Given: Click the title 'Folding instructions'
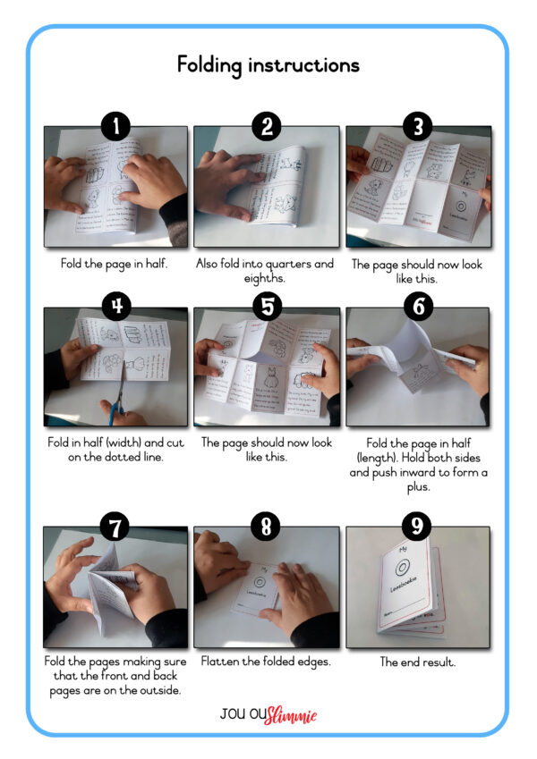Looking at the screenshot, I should (268, 65).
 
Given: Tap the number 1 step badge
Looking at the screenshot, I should (115, 126).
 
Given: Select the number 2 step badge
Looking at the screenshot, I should (266, 126).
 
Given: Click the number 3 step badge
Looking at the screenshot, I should (417, 126).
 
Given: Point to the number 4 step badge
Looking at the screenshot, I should (115, 307).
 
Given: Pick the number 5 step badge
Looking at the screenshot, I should (266, 307).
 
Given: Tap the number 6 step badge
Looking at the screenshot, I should (417, 307).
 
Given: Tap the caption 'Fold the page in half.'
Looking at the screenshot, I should (115, 264).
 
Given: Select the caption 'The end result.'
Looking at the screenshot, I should (417, 662).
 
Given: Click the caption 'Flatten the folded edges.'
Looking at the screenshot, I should (266, 662).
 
